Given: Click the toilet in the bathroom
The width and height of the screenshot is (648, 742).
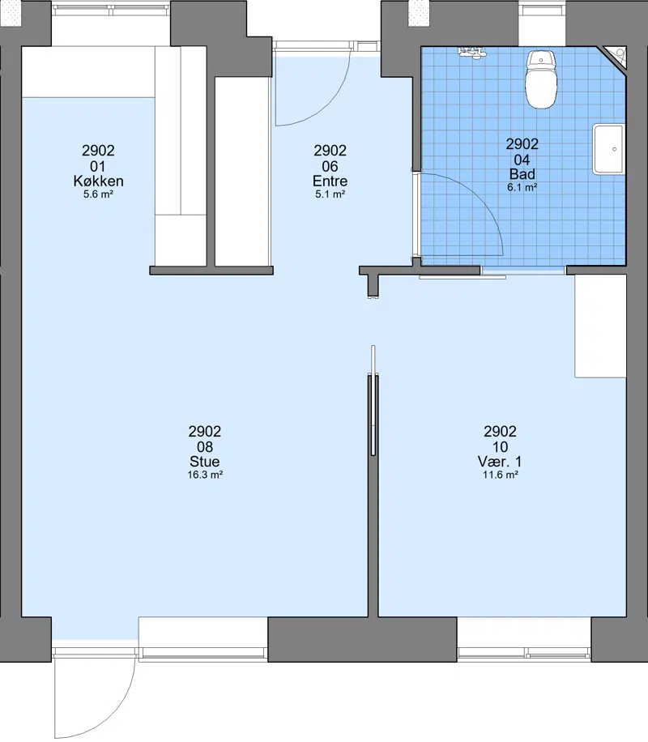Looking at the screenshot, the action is coord(542,79).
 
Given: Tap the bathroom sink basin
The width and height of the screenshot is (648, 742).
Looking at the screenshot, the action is coord(610,149).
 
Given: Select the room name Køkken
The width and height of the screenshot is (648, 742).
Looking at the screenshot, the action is coord(99,181).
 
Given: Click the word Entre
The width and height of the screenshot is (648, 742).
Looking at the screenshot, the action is coord(330,181).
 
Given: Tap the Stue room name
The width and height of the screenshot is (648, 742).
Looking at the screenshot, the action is coord(204,462).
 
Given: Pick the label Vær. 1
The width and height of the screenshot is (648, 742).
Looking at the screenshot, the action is coord(500,462).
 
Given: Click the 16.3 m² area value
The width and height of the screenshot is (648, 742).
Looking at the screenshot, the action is coord(205,475).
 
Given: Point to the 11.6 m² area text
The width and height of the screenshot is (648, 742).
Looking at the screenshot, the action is coord(501,475).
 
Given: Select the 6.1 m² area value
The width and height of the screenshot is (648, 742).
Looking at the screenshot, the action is coord(522,187).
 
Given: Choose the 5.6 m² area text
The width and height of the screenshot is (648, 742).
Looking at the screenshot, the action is coord(98,194).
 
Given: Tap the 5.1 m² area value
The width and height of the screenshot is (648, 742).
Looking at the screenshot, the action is coord(330,194).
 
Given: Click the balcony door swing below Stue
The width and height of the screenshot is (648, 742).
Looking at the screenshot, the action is coord(113,710).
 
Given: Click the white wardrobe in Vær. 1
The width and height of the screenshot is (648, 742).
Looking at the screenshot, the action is coord(601,326).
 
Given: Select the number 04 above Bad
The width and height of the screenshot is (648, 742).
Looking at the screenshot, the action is coord(522,160).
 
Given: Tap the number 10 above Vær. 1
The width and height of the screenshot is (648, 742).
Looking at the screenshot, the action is coord(500,446).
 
